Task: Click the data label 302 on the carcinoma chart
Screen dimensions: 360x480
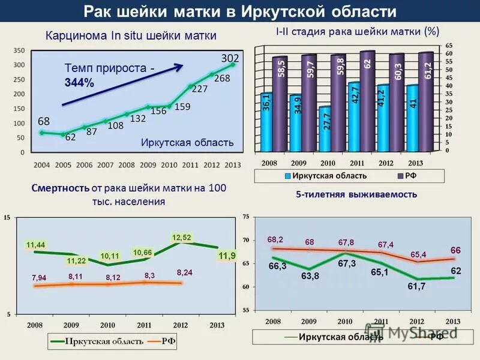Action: pos(230,58)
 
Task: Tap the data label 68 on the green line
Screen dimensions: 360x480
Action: pos(44,121)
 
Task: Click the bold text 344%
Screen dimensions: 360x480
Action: pos(79,83)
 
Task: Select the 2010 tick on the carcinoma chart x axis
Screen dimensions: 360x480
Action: pos(169,164)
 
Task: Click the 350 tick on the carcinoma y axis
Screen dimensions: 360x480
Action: pos(19,50)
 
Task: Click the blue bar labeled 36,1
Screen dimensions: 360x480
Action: pos(266,122)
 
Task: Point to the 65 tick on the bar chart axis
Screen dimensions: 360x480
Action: pos(449,46)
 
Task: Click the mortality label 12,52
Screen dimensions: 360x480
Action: pos(182,238)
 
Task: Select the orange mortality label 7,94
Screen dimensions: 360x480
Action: pos(39,277)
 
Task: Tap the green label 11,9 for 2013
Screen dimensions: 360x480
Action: pos(227,256)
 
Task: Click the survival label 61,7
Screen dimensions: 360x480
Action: pos(416,287)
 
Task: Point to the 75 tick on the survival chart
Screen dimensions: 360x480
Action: pos(245,216)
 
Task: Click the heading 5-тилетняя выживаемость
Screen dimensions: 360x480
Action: pos(356,194)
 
